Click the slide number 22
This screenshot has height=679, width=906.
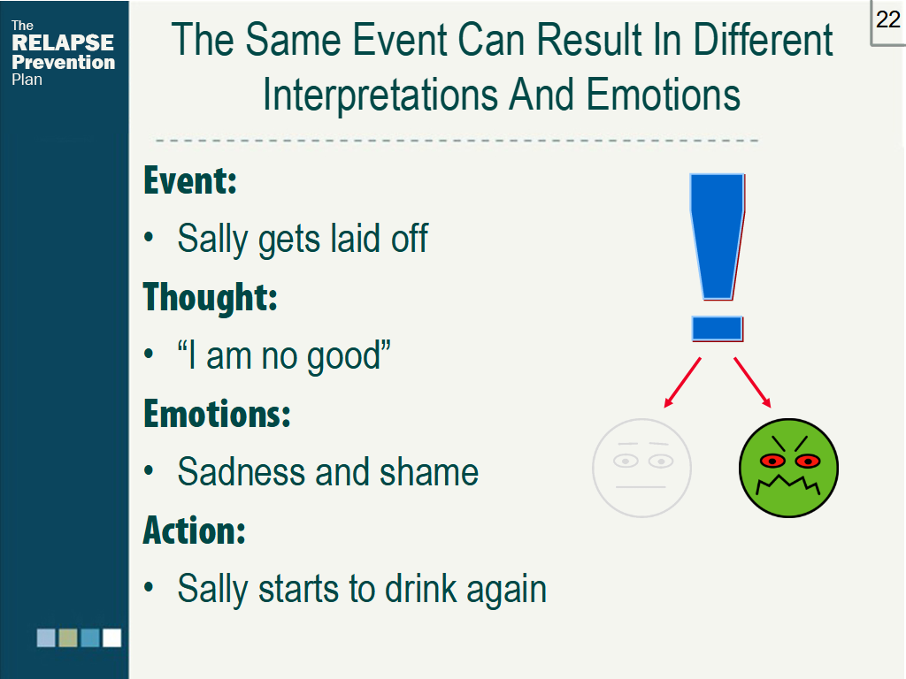coord(887,19)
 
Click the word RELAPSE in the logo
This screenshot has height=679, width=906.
coord(63,42)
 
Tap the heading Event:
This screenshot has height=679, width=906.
coord(190,180)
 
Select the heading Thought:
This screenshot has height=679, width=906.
coord(211,297)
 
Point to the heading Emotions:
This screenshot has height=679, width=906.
coord(217,414)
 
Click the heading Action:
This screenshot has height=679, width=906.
coord(194,530)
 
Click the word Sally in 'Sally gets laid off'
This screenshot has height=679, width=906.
coord(212,239)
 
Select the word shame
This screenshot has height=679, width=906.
coord(429,472)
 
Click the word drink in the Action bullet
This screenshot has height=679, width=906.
coord(421,588)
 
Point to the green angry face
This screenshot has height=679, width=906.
coord(788,468)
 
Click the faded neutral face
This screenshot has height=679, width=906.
coord(642,468)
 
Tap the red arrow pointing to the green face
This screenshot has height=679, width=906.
coord(752,383)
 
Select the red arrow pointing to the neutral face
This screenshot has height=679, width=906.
coord(683,383)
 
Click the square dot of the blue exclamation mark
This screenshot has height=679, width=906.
coord(717,329)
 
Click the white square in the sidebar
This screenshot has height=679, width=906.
coord(112,638)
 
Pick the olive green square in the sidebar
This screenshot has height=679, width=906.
coord(68,638)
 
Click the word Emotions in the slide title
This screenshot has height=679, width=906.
coord(663,95)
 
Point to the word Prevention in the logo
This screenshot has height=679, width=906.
coord(64,62)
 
